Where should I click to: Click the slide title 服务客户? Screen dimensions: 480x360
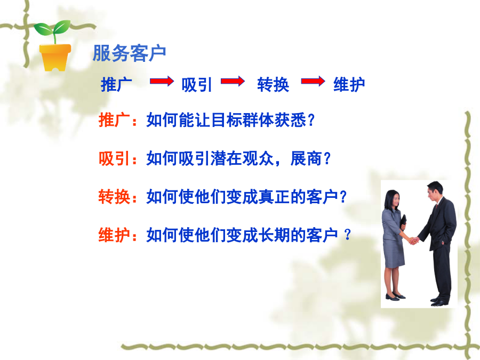coord(129,53)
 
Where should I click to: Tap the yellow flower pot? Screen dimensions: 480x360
coord(55,58)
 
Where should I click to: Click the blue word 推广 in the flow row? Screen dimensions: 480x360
coord(116,84)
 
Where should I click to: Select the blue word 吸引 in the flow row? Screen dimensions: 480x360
coord(196,84)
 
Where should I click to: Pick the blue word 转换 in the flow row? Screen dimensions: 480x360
coord(273,84)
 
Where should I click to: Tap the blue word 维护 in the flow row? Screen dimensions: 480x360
coord(349,84)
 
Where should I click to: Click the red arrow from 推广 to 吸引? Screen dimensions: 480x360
coord(162,81)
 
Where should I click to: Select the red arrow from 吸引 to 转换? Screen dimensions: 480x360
coord(233,81)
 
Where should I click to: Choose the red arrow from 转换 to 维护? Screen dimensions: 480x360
coord(313,81)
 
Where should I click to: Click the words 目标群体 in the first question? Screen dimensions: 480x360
coord(243,119)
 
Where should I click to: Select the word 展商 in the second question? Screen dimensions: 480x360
coord(306,158)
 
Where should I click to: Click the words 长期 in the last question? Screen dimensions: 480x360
coord(274,235)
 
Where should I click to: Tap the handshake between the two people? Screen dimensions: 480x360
coord(414,241)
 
